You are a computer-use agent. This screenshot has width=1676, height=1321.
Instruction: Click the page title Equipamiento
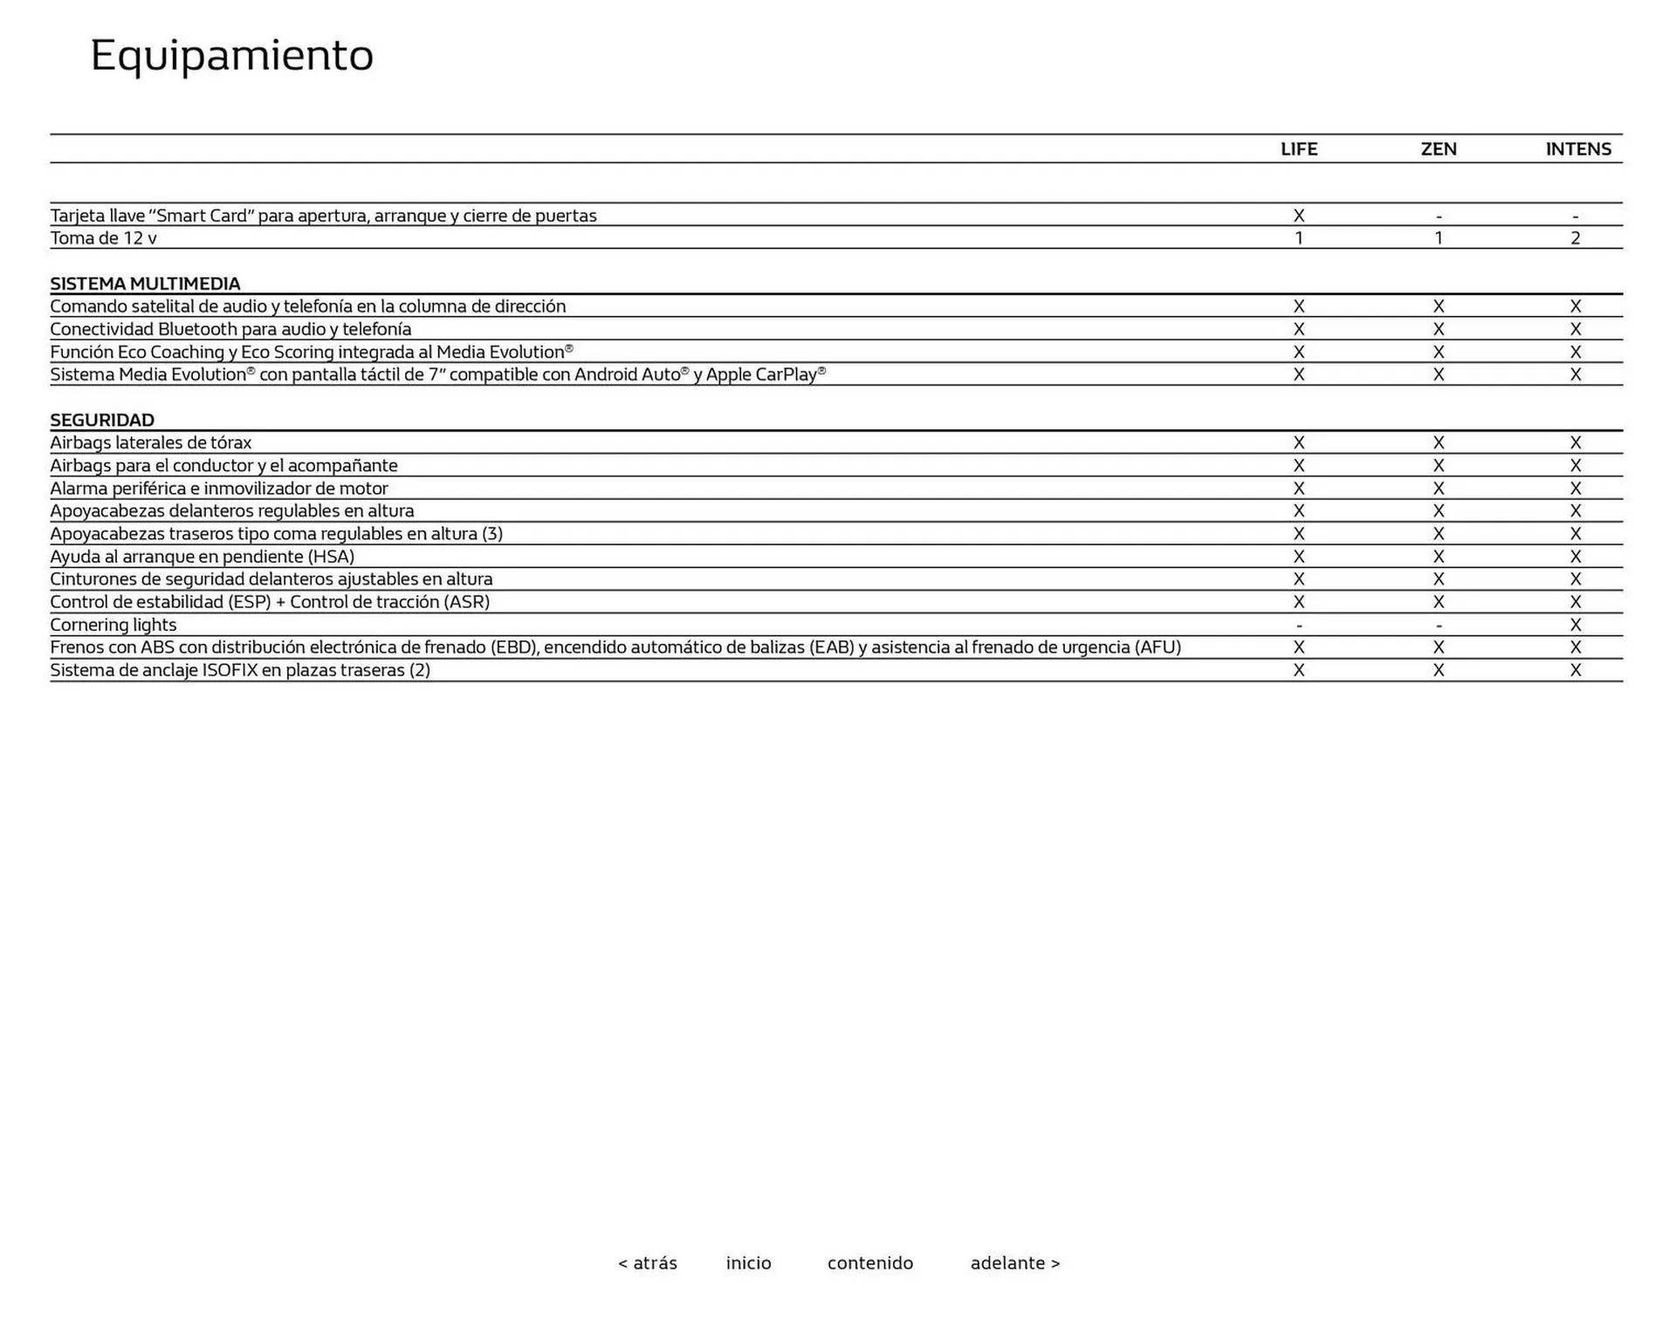pos(231,56)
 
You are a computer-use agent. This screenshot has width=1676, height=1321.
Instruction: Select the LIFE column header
pos(1298,149)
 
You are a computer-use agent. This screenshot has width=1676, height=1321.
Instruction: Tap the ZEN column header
pos(1438,149)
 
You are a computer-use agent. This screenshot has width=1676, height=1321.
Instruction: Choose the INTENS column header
pos(1577,149)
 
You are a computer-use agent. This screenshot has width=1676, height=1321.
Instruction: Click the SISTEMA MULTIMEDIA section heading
pos(145,284)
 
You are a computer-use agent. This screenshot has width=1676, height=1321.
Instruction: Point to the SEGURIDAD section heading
pos(102,420)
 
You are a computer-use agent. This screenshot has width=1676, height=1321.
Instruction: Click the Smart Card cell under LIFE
pos(1298,216)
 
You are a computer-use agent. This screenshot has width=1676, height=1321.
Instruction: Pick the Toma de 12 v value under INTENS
pos(1575,238)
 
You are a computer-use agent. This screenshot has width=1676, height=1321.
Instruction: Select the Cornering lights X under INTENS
pos(1575,625)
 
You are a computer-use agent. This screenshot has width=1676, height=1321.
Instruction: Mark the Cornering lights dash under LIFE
pos(1298,626)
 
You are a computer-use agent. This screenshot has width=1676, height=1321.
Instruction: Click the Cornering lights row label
pos(113,625)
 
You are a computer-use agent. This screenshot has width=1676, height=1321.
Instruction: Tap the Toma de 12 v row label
pos(103,238)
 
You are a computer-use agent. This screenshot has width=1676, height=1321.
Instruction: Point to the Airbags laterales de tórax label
pos(150,442)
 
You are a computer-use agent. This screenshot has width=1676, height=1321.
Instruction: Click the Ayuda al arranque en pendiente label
pos(202,557)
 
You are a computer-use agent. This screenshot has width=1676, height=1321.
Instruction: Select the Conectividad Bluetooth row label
pos(230,329)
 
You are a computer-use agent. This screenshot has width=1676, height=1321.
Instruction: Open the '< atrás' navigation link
pos(647,1263)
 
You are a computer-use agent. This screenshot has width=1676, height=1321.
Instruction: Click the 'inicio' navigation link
pos(748,1263)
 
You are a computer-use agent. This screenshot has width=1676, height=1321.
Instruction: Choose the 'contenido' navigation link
pos(869,1263)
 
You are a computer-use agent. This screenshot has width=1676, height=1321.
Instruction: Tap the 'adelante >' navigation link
pos(1014,1263)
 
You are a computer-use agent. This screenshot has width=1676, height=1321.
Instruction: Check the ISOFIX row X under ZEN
pos(1438,670)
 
